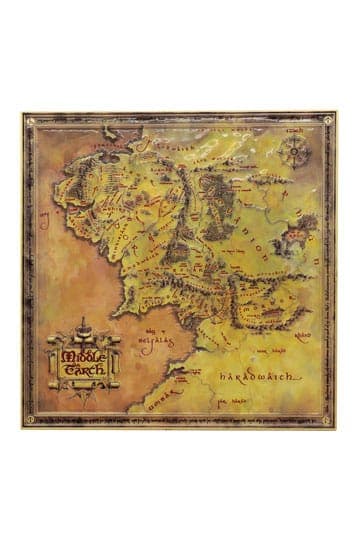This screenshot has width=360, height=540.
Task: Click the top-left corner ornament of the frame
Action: (x=29, y=121)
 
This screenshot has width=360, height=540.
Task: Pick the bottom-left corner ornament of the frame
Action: (x=29, y=421)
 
